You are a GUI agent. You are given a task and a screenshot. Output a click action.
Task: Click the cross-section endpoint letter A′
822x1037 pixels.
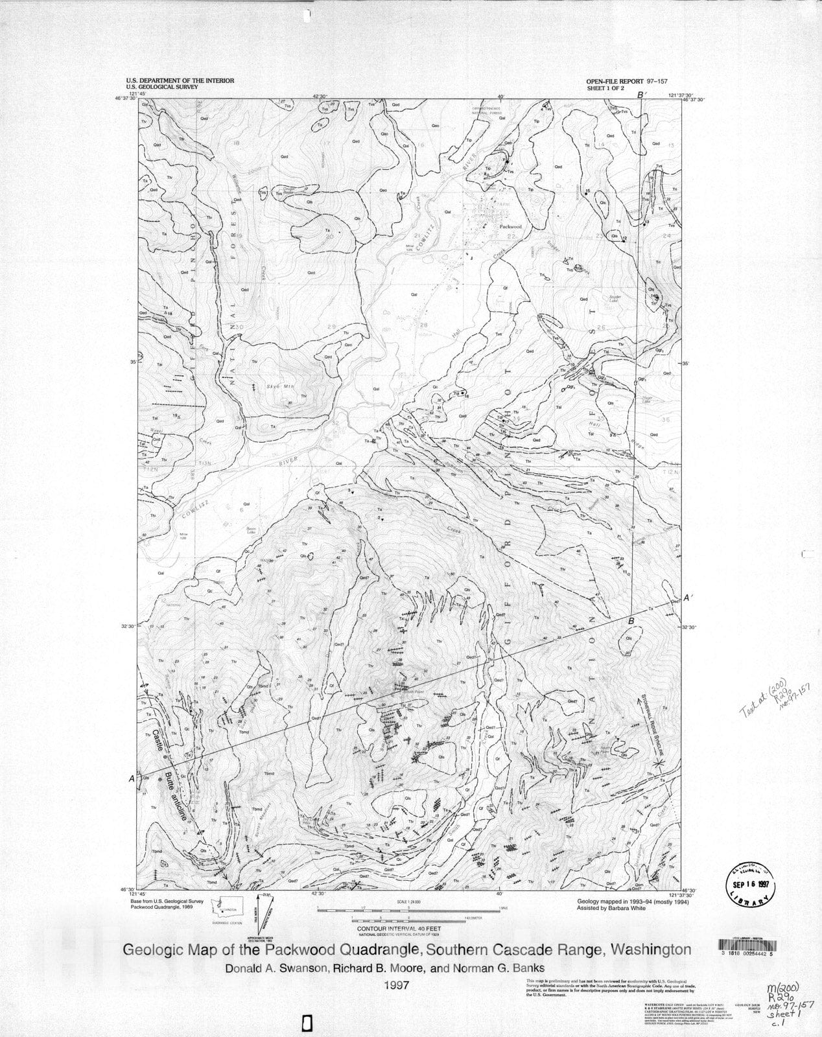690,600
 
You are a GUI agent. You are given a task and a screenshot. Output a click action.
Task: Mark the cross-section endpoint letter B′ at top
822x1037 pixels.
642,95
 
